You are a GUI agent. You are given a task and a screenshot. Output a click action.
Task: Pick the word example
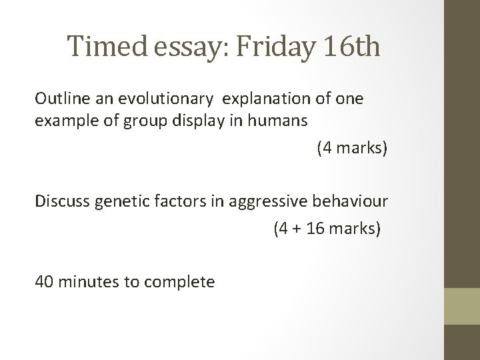coord(64,121)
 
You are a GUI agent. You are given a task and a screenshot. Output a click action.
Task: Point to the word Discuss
coord(61,202)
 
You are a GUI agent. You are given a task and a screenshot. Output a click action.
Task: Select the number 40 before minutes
coord(45,282)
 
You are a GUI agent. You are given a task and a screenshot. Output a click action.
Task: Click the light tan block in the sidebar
coord(462,306)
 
